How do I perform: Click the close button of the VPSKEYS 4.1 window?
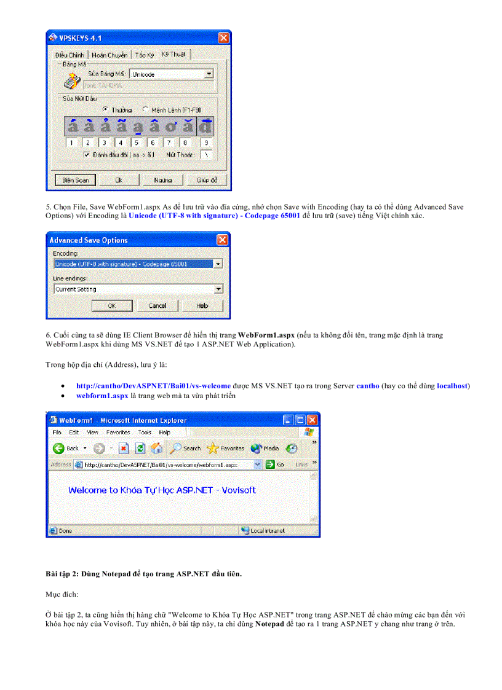pyautogui.click(x=225, y=38)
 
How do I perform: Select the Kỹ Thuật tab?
pyautogui.click(x=173, y=55)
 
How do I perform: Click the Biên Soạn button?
pyautogui.click(x=76, y=180)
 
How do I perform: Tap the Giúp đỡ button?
pyautogui.click(x=207, y=180)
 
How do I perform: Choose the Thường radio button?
pyautogui.click(x=106, y=109)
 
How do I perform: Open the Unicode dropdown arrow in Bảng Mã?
pyautogui.click(x=209, y=74)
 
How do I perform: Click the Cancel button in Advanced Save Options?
pyautogui.click(x=157, y=305)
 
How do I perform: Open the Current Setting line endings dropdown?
pyautogui.click(x=218, y=289)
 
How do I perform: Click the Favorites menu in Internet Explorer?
pyautogui.click(x=118, y=433)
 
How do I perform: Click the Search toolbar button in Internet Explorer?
pyautogui.click(x=186, y=449)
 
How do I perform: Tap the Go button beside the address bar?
pyautogui.click(x=274, y=465)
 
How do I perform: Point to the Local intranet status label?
pyautogui.click(x=268, y=530)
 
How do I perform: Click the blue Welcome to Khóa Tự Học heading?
pyautogui.click(x=162, y=490)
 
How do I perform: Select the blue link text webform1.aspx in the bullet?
pyautogui.click(x=102, y=396)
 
